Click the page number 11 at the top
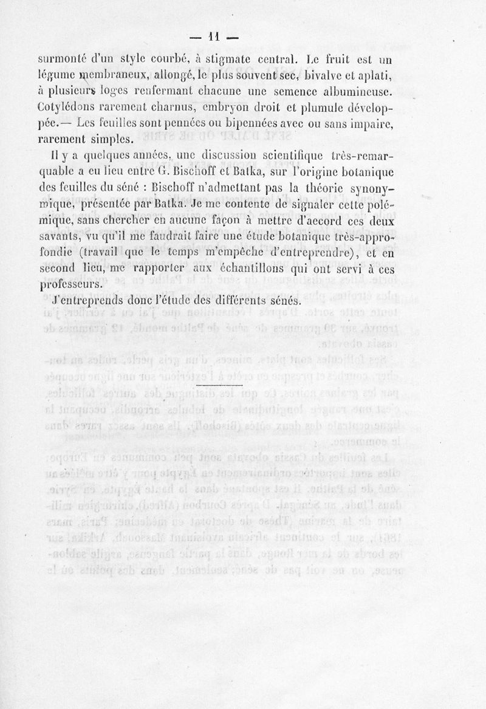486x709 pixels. point(213,38)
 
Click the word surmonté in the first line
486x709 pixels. point(63,60)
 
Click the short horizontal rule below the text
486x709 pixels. point(219,386)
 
